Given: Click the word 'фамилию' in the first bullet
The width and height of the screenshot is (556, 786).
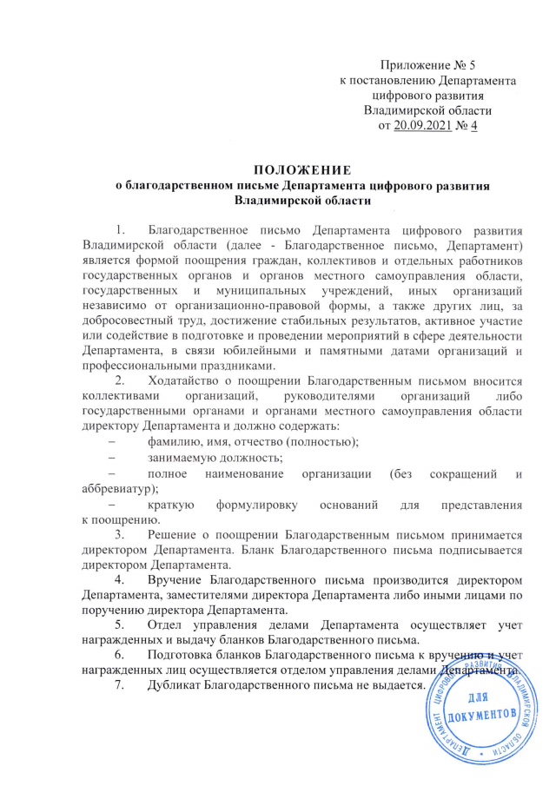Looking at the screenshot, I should click(x=174, y=440).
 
